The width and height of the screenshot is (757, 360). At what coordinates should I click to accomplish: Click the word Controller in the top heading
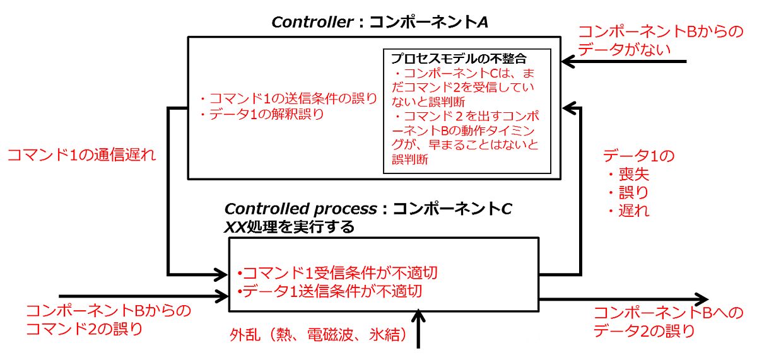tap(312, 22)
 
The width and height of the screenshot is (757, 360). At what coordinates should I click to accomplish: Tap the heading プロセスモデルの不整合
tap(462, 59)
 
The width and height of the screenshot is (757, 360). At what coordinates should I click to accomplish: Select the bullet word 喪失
tap(632, 175)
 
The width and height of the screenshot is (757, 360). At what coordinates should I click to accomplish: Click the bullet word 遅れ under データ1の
tap(632, 210)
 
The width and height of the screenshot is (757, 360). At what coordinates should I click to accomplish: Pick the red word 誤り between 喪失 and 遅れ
tap(632, 192)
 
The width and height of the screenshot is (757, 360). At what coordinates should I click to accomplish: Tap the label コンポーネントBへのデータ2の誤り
tap(652, 321)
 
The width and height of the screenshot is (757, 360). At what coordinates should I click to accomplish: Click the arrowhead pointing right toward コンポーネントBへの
tap(700, 300)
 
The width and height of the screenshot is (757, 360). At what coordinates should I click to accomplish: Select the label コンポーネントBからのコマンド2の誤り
tap(108, 319)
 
